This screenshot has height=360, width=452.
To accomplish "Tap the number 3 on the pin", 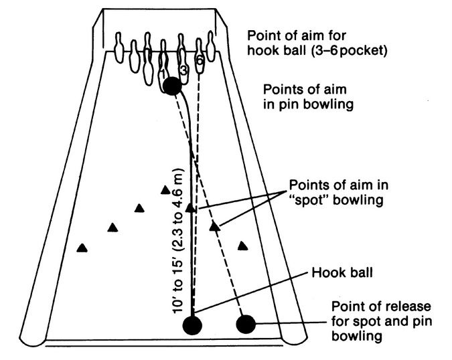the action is pyautogui.click(x=183, y=70).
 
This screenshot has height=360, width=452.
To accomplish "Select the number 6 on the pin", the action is pyautogui.click(x=200, y=61).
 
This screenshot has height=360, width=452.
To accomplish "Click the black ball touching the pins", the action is pyautogui.click(x=172, y=86).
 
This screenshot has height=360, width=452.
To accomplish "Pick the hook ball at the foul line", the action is pyautogui.click(x=192, y=325).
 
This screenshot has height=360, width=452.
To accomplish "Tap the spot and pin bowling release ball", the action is pyautogui.click(x=246, y=324).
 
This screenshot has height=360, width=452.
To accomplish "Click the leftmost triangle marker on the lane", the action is pyautogui.click(x=82, y=248).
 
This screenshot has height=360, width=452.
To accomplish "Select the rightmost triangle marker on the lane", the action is pyautogui.click(x=242, y=246).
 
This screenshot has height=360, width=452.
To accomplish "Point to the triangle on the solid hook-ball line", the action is pyautogui.click(x=190, y=207).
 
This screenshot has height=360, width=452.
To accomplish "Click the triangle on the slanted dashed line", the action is pyautogui.click(x=215, y=226).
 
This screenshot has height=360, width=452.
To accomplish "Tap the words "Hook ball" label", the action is pyautogui.click(x=342, y=272).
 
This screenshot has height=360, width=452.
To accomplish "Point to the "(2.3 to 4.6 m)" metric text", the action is pyautogui.click(x=177, y=213).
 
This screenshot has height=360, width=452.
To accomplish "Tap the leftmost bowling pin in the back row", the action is pyautogui.click(x=120, y=48).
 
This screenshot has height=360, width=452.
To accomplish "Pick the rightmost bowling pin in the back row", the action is pyautogui.click(x=212, y=46).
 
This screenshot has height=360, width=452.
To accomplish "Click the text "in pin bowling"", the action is pyautogui.click(x=308, y=104).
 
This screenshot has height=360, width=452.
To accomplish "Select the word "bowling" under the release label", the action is pyautogui.click(x=357, y=337).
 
